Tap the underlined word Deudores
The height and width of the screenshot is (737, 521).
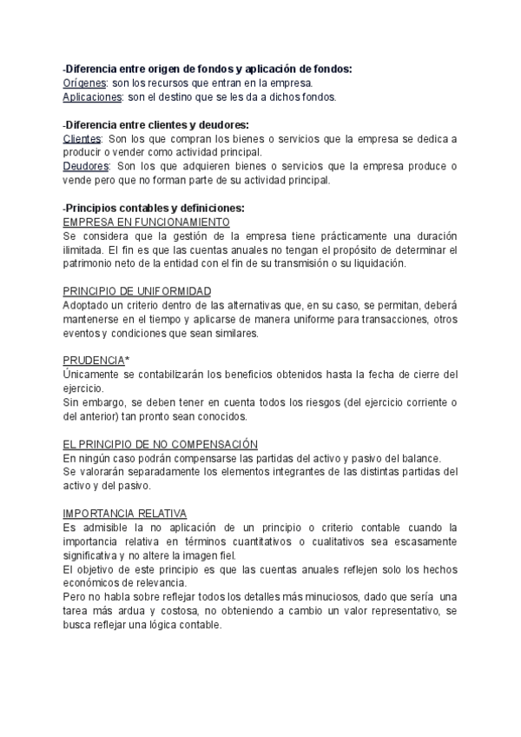(x=87, y=167)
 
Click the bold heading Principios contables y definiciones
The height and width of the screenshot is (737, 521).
(x=156, y=209)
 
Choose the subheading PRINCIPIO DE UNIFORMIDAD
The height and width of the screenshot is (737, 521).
(x=137, y=291)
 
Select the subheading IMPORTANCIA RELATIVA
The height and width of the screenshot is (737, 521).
(x=125, y=514)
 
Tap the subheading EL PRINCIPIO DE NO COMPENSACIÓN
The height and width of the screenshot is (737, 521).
(x=161, y=444)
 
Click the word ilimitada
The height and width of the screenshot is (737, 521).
(x=83, y=249)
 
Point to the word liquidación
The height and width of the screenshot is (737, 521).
(x=379, y=263)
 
